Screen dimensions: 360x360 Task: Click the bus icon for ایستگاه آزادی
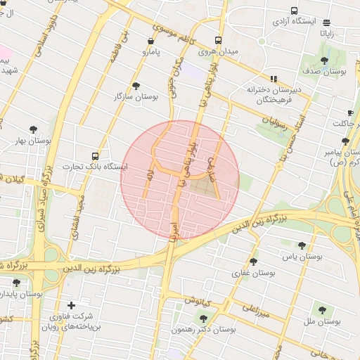294,11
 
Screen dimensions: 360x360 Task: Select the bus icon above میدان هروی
219,40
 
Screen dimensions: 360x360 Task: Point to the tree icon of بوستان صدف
324,61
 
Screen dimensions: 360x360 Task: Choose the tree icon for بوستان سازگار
136,85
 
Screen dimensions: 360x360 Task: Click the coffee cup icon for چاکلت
350,112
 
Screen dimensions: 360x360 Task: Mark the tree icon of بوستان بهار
33,129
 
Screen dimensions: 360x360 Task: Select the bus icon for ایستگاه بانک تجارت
96,155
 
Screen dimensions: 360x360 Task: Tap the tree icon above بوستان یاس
302,245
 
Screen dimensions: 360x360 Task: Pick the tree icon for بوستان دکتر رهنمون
204,318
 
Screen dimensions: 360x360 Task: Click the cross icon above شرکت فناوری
71,305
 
